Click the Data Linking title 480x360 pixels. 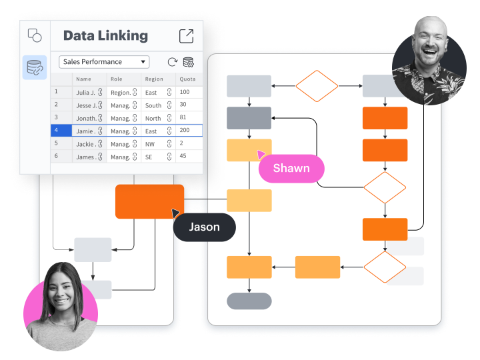[x=105, y=36]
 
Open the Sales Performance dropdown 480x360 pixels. [x=104, y=62]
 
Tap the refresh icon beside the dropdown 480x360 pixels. [x=173, y=62]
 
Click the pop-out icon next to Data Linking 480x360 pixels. [x=186, y=36]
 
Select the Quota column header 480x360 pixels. [x=187, y=79]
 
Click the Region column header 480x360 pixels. [x=154, y=79]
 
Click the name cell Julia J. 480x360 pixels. [x=89, y=93]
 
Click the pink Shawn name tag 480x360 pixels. [x=291, y=169]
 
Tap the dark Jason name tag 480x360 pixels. [x=205, y=227]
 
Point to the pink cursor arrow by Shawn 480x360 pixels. [x=261, y=154]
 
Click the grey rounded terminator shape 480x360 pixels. [x=249, y=301]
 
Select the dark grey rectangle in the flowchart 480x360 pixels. [x=249, y=118]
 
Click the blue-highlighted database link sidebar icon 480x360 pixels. [x=35, y=67]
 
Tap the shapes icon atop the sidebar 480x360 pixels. [x=35, y=35]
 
